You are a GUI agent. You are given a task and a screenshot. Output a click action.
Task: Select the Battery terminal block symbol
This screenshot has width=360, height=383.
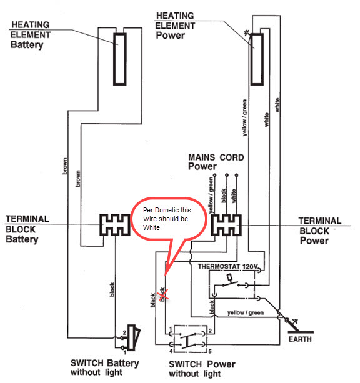[115, 225]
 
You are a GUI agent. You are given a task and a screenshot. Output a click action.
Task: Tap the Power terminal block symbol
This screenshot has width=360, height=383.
[226, 225]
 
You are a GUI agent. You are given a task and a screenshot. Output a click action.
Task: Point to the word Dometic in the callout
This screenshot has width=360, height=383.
[166, 210]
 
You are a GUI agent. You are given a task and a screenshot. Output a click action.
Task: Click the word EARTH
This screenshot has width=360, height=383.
[300, 339]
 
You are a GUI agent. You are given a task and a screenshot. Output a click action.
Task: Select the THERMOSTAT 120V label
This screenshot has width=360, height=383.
[227, 266]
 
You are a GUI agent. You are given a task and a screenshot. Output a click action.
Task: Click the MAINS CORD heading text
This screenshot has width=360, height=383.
[216, 157]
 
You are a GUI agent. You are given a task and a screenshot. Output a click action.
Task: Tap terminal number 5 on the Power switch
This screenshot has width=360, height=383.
[210, 351]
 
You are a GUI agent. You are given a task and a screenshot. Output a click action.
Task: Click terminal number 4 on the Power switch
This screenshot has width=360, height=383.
[171, 351]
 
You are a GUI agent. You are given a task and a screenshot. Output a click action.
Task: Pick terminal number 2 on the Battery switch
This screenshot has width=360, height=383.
[124, 332]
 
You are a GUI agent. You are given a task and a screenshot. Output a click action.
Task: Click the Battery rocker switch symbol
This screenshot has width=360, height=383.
[134, 338]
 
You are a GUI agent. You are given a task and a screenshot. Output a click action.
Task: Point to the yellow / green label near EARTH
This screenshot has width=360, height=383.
[246, 312]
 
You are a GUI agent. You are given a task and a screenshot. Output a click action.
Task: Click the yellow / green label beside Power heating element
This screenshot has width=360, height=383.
[244, 117]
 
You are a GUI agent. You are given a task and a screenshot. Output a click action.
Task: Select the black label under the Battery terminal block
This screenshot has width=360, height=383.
[112, 289]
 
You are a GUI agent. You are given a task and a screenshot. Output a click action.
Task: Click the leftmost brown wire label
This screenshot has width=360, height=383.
[65, 166]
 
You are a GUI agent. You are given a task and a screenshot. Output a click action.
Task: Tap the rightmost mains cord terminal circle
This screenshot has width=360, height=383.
[237, 175]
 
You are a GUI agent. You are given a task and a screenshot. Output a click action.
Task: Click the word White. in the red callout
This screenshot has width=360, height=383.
[152, 227]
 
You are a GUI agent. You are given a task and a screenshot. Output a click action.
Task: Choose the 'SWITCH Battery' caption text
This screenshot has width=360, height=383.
[104, 363]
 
